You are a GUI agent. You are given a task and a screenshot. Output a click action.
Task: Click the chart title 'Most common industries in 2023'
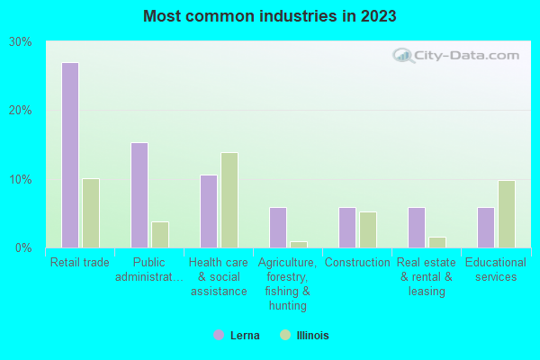point(269,16)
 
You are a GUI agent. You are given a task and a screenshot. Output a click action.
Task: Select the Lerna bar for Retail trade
point(70,155)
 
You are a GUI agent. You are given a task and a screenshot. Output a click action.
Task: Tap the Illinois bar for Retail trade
point(91,212)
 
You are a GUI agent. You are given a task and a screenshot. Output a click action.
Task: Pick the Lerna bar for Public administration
point(139,194)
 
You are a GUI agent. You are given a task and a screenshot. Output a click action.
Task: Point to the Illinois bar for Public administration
point(160,234)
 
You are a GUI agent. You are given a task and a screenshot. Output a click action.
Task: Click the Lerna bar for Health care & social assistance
point(209,211)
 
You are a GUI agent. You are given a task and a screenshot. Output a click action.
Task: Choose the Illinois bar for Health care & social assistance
point(229,200)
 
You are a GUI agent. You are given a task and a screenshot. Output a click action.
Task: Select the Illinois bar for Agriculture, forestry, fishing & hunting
point(299,244)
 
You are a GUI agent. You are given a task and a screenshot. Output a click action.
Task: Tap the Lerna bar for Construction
point(347,227)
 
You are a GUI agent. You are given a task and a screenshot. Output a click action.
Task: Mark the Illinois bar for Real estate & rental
point(437,242)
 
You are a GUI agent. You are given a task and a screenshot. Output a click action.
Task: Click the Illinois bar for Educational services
point(507,213)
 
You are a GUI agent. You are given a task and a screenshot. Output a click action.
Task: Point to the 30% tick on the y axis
point(21,41)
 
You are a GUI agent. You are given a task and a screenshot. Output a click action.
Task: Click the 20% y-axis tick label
point(21,110)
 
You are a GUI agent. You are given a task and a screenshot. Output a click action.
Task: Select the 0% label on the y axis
point(24,247)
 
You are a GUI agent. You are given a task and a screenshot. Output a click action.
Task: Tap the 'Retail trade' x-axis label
point(80,263)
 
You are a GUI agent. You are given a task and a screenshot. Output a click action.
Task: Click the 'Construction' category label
point(357,263)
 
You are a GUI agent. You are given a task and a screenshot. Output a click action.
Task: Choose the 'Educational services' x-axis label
point(496,269)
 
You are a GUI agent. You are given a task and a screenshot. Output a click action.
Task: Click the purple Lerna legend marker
point(219,335)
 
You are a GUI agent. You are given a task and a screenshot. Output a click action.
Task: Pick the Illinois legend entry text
point(312,336)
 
